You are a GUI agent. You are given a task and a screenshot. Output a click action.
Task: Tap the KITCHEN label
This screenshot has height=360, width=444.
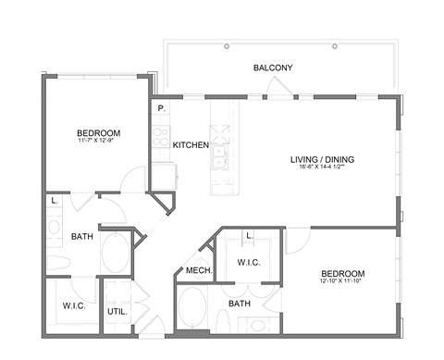click(x=191, y=145)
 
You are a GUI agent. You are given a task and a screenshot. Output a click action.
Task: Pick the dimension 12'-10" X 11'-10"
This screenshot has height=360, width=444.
click(x=342, y=283)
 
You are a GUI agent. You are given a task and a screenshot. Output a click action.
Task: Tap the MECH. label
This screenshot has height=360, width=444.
click(x=198, y=270)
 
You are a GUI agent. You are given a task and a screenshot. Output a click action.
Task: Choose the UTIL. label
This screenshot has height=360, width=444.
click(x=117, y=312)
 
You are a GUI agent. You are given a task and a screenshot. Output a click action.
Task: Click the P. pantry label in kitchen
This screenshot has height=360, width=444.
click(x=161, y=108)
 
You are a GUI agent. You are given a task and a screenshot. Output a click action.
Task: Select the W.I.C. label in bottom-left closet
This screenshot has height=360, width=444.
click(x=74, y=306)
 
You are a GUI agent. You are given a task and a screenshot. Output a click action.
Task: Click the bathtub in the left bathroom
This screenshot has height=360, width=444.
click(x=116, y=253)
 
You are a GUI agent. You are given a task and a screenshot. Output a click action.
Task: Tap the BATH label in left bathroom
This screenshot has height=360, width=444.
click(x=81, y=236)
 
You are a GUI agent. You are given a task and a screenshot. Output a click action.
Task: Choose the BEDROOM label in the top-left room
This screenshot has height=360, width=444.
click(x=98, y=133)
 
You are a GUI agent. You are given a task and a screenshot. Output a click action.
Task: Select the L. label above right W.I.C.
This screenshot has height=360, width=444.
click(x=250, y=237)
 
